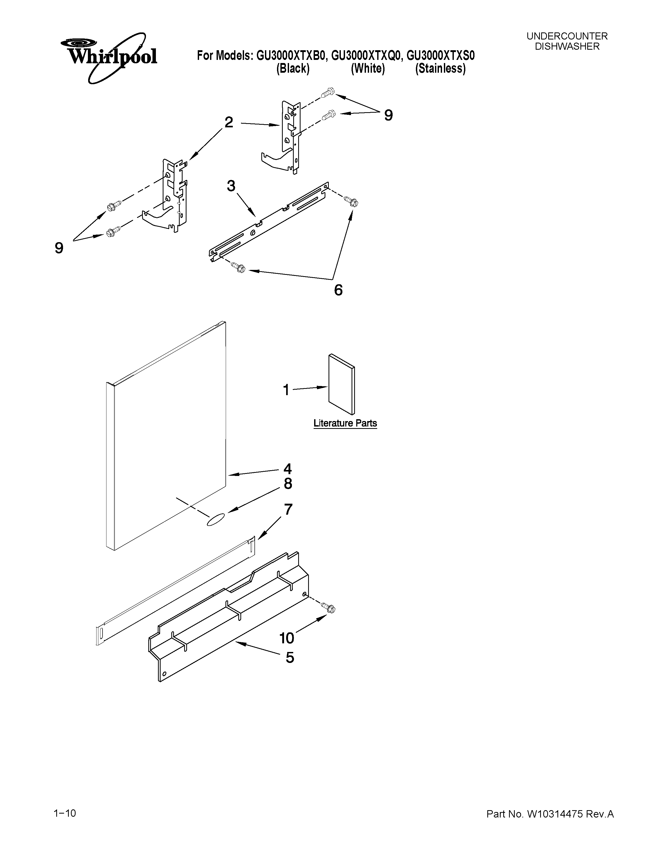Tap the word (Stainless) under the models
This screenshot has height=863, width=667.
tap(440, 69)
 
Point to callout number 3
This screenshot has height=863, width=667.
tap(231, 186)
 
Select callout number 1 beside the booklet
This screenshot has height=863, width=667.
tap(286, 390)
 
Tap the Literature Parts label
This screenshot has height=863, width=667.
tap(345, 423)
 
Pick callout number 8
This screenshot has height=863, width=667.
tap(288, 484)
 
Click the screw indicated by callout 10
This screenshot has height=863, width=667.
tap(329, 607)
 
